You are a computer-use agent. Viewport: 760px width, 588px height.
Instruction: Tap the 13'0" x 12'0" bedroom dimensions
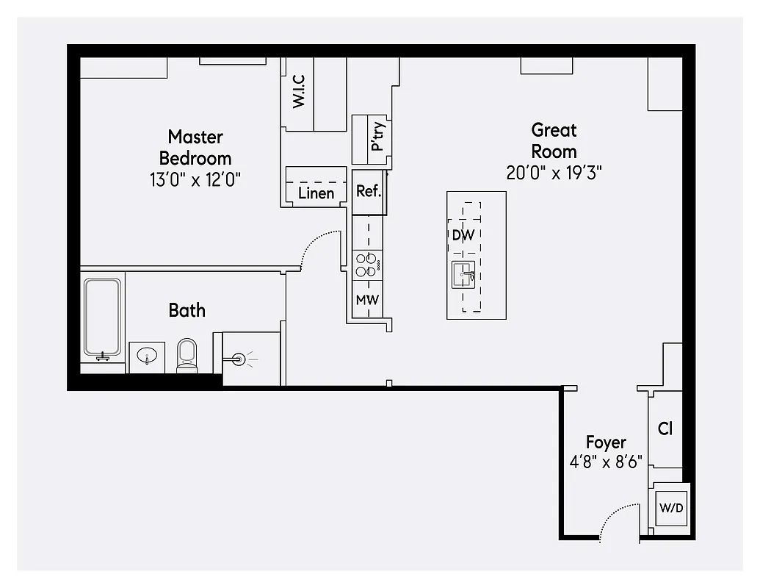click(x=195, y=179)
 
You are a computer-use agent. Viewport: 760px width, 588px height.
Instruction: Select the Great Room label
click(x=554, y=140)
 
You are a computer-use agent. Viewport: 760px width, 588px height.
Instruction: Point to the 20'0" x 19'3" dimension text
click(x=554, y=173)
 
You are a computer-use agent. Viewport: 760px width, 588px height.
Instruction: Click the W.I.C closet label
click(x=299, y=91)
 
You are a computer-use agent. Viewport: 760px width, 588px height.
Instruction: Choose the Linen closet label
click(x=316, y=193)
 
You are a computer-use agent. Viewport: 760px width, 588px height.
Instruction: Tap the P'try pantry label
click(x=377, y=137)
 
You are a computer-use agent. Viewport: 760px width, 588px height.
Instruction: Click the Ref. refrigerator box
click(x=368, y=191)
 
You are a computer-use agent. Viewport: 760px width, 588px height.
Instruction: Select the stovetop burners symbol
click(x=367, y=264)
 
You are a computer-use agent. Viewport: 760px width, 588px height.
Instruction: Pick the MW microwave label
click(x=367, y=300)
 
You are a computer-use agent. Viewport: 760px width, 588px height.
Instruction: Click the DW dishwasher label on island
click(x=463, y=235)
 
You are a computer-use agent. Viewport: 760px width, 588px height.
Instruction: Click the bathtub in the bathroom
click(x=102, y=316)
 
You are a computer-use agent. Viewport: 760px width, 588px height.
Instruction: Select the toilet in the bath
click(x=187, y=355)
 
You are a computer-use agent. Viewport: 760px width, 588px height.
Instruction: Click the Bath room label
click(x=187, y=310)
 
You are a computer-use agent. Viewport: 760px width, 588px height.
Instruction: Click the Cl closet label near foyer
click(x=665, y=429)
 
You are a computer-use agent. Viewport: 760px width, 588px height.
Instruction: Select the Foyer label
click(x=606, y=442)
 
